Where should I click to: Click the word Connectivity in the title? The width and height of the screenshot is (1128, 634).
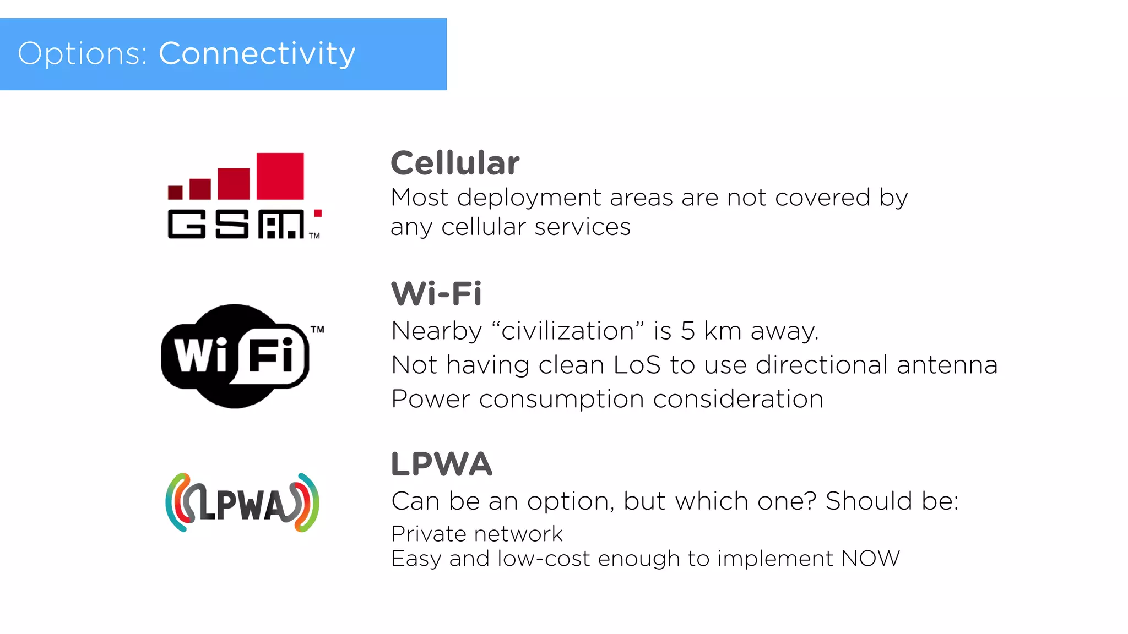(x=257, y=54)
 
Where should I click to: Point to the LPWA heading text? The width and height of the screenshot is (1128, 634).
(x=442, y=464)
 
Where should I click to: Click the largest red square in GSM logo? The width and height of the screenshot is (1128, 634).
(x=280, y=176)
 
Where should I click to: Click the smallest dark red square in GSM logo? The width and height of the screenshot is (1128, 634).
(x=175, y=192)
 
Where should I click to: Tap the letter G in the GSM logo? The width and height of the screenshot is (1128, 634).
(x=187, y=224)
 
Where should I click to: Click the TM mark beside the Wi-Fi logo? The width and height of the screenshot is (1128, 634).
(x=317, y=330)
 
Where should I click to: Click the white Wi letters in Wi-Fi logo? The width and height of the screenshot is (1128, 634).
(x=201, y=355)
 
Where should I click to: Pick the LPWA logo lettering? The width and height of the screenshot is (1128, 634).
(x=242, y=504)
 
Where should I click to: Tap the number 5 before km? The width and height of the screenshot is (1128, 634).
(x=687, y=331)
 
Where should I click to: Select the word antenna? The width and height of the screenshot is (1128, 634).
(x=947, y=365)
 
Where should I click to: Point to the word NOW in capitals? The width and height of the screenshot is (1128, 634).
(x=870, y=559)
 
